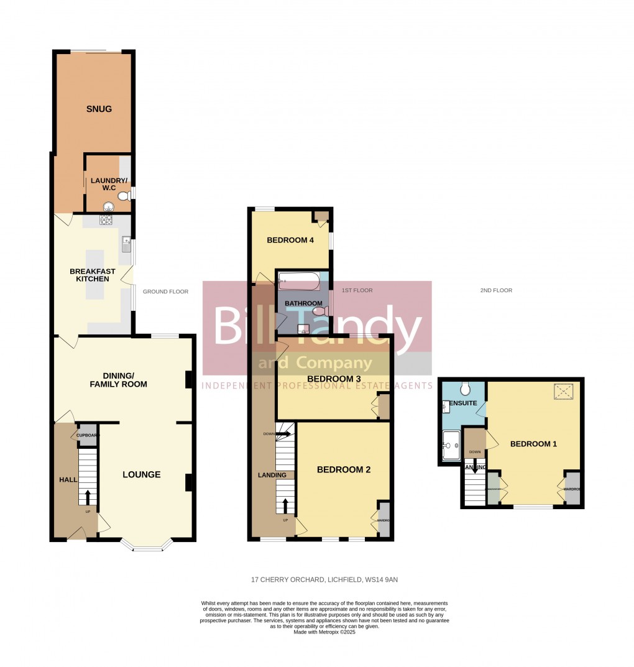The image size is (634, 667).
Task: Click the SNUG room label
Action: tap(99, 109)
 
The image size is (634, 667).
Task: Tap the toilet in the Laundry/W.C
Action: tap(123, 196)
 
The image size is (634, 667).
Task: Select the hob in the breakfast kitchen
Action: tap(106, 220)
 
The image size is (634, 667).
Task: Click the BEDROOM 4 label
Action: tap(290, 241)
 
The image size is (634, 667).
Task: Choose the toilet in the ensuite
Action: tap(466, 389)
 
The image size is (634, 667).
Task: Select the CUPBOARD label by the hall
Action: tap(88, 436)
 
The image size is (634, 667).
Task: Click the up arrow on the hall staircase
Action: tap(88, 497)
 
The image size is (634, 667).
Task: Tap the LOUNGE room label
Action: tap(142, 474)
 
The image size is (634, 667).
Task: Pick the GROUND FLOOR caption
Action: tap(165, 292)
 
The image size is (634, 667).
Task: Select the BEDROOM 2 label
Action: tap(344, 470)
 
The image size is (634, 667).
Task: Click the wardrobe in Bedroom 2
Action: tap(384, 520)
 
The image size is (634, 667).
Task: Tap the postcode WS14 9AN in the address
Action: tap(382, 580)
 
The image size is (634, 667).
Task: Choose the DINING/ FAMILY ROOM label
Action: tap(125, 380)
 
